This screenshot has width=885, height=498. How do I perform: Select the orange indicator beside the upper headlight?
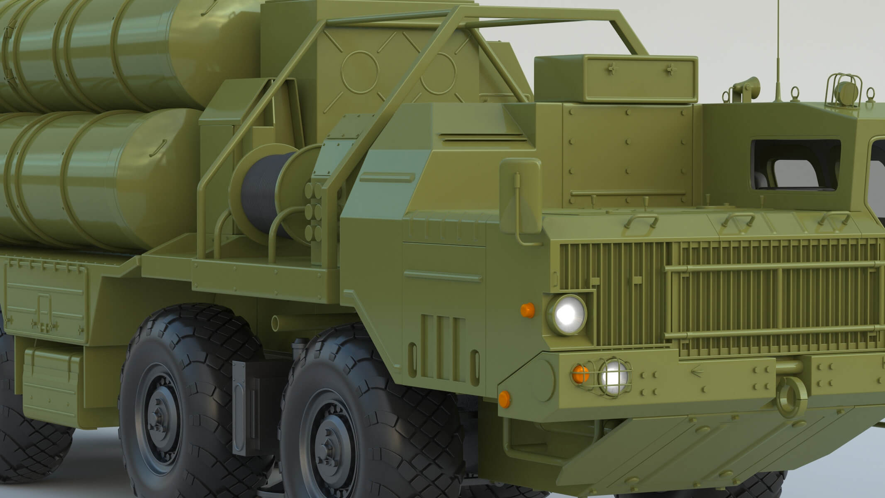point(527,309)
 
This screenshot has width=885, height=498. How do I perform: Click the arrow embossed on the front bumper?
point(697,368)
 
